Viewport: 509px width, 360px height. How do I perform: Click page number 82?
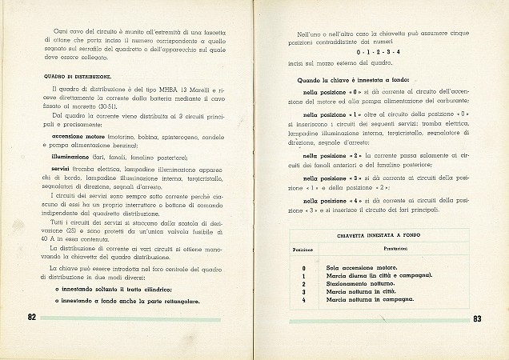31,317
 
